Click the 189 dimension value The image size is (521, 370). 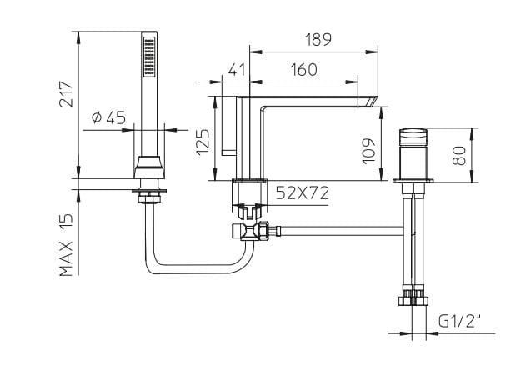[x=318, y=40]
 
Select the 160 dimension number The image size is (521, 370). [x=303, y=70]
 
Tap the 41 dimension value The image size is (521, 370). [x=237, y=70]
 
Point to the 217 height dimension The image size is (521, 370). [x=66, y=93]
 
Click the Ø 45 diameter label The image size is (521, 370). [x=108, y=117]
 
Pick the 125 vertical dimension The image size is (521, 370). [x=203, y=142]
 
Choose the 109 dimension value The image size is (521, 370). [x=368, y=151]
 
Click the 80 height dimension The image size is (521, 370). [x=459, y=156]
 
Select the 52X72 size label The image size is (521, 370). [x=303, y=193]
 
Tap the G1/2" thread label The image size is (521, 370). [x=459, y=321]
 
